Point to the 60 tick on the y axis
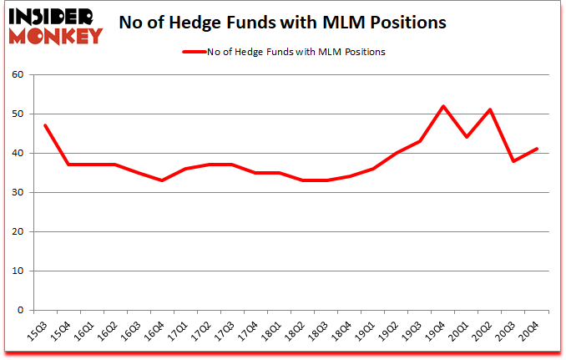click(18, 75)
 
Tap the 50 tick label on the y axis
click(18, 114)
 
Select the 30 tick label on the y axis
click(18, 193)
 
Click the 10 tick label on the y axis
click(18, 271)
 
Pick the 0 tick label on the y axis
click(20, 311)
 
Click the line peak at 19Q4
click(442, 106)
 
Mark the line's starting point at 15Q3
click(44, 125)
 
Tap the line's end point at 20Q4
click(537, 149)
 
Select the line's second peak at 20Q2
click(489, 109)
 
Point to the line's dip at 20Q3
click(513, 161)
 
